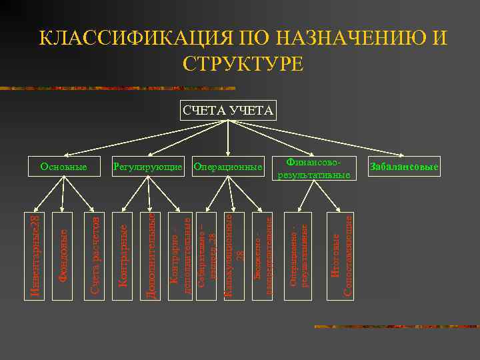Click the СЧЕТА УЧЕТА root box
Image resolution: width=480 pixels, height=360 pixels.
pyautogui.click(x=228, y=110)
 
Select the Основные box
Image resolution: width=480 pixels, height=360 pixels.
pyautogui.click(x=63, y=166)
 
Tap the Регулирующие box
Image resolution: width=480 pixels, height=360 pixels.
pyautogui.click(x=147, y=166)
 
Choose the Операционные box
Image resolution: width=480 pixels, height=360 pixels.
pyautogui.click(x=228, y=166)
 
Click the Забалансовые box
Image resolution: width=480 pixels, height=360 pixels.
pyautogui.click(x=404, y=166)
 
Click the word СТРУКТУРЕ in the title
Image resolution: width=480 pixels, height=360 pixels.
pyautogui.click(x=242, y=63)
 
